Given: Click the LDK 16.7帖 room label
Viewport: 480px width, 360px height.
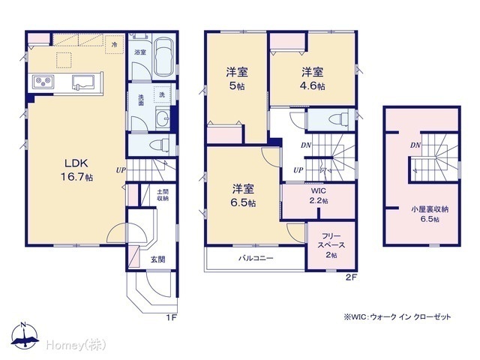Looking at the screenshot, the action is pyautogui.click(x=76, y=170).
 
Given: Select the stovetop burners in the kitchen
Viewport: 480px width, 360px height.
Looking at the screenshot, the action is pyautogui.click(x=43, y=82).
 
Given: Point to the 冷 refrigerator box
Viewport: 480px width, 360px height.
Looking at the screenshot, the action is pyautogui.click(x=114, y=45).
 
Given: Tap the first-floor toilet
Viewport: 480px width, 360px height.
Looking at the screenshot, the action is pyautogui.click(x=160, y=145).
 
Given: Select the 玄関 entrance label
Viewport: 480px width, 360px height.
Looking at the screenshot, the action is pyautogui.click(x=158, y=259).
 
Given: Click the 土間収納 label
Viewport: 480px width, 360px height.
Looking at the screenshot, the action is pyautogui.click(x=163, y=195).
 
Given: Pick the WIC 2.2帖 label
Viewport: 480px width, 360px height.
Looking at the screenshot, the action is pyautogui.click(x=319, y=196).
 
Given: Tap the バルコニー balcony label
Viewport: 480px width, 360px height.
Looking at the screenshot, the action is pyautogui.click(x=256, y=258).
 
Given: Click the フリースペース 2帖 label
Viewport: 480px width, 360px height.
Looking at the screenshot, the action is pyautogui.click(x=331, y=245).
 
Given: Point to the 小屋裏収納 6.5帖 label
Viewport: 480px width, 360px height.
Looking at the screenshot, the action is pyautogui.click(x=430, y=214).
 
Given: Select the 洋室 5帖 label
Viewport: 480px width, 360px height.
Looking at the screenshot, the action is pyautogui.click(x=237, y=79).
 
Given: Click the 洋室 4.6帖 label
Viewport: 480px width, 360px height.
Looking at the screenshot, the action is pyautogui.click(x=312, y=79).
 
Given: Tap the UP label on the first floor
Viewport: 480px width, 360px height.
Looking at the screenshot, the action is pyautogui.click(x=121, y=170).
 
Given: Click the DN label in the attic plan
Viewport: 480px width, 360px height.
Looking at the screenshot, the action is pyautogui.click(x=415, y=145).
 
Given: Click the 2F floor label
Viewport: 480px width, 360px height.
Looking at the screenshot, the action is pyautogui.click(x=351, y=277).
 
